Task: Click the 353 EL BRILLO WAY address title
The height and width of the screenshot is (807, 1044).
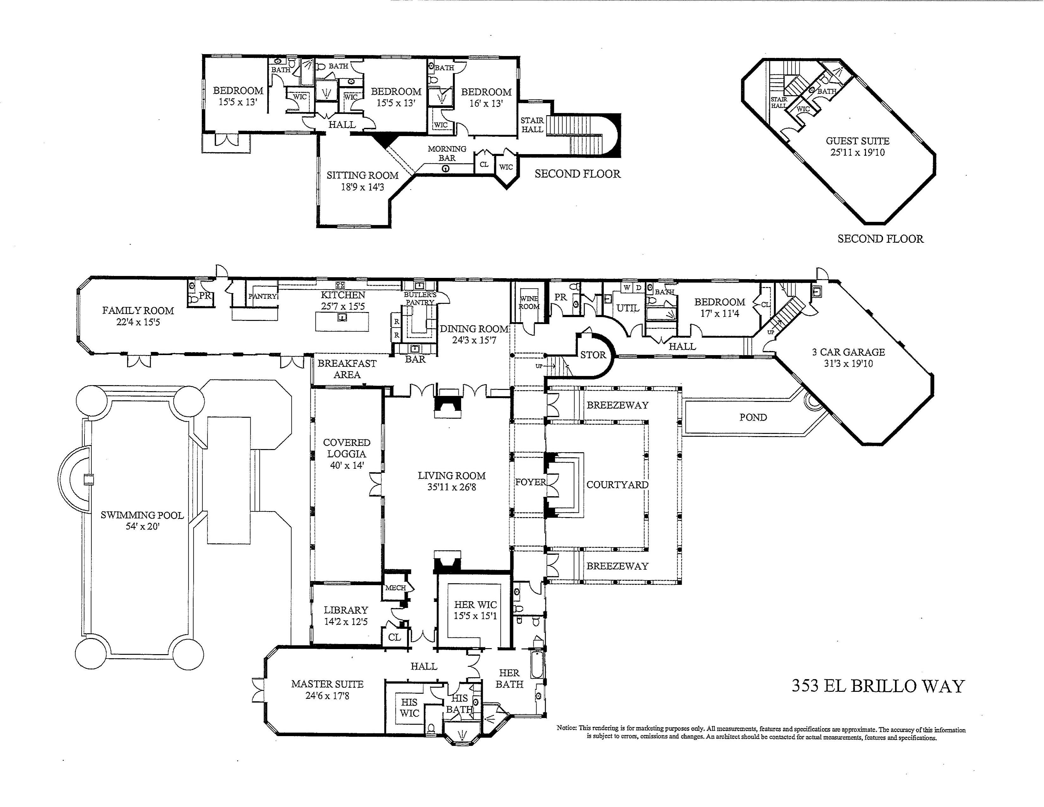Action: (878, 686)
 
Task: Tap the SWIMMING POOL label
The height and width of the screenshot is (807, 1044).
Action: (142, 515)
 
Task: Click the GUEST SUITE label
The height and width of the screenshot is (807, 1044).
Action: (858, 141)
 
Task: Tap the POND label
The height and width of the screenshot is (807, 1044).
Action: (753, 417)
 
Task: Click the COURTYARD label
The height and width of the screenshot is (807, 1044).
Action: (617, 485)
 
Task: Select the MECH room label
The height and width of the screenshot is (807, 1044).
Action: (395, 588)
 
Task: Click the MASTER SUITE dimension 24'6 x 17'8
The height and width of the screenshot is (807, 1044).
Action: (327, 696)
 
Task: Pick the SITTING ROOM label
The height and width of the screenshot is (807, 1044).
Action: (362, 175)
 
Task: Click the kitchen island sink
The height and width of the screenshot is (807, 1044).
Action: (342, 317)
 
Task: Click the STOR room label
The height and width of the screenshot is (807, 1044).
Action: (593, 355)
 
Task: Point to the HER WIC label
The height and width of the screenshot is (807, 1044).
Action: (475, 605)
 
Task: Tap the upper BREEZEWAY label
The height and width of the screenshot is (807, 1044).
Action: (617, 405)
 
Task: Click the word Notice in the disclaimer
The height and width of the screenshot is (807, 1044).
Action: (567, 728)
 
